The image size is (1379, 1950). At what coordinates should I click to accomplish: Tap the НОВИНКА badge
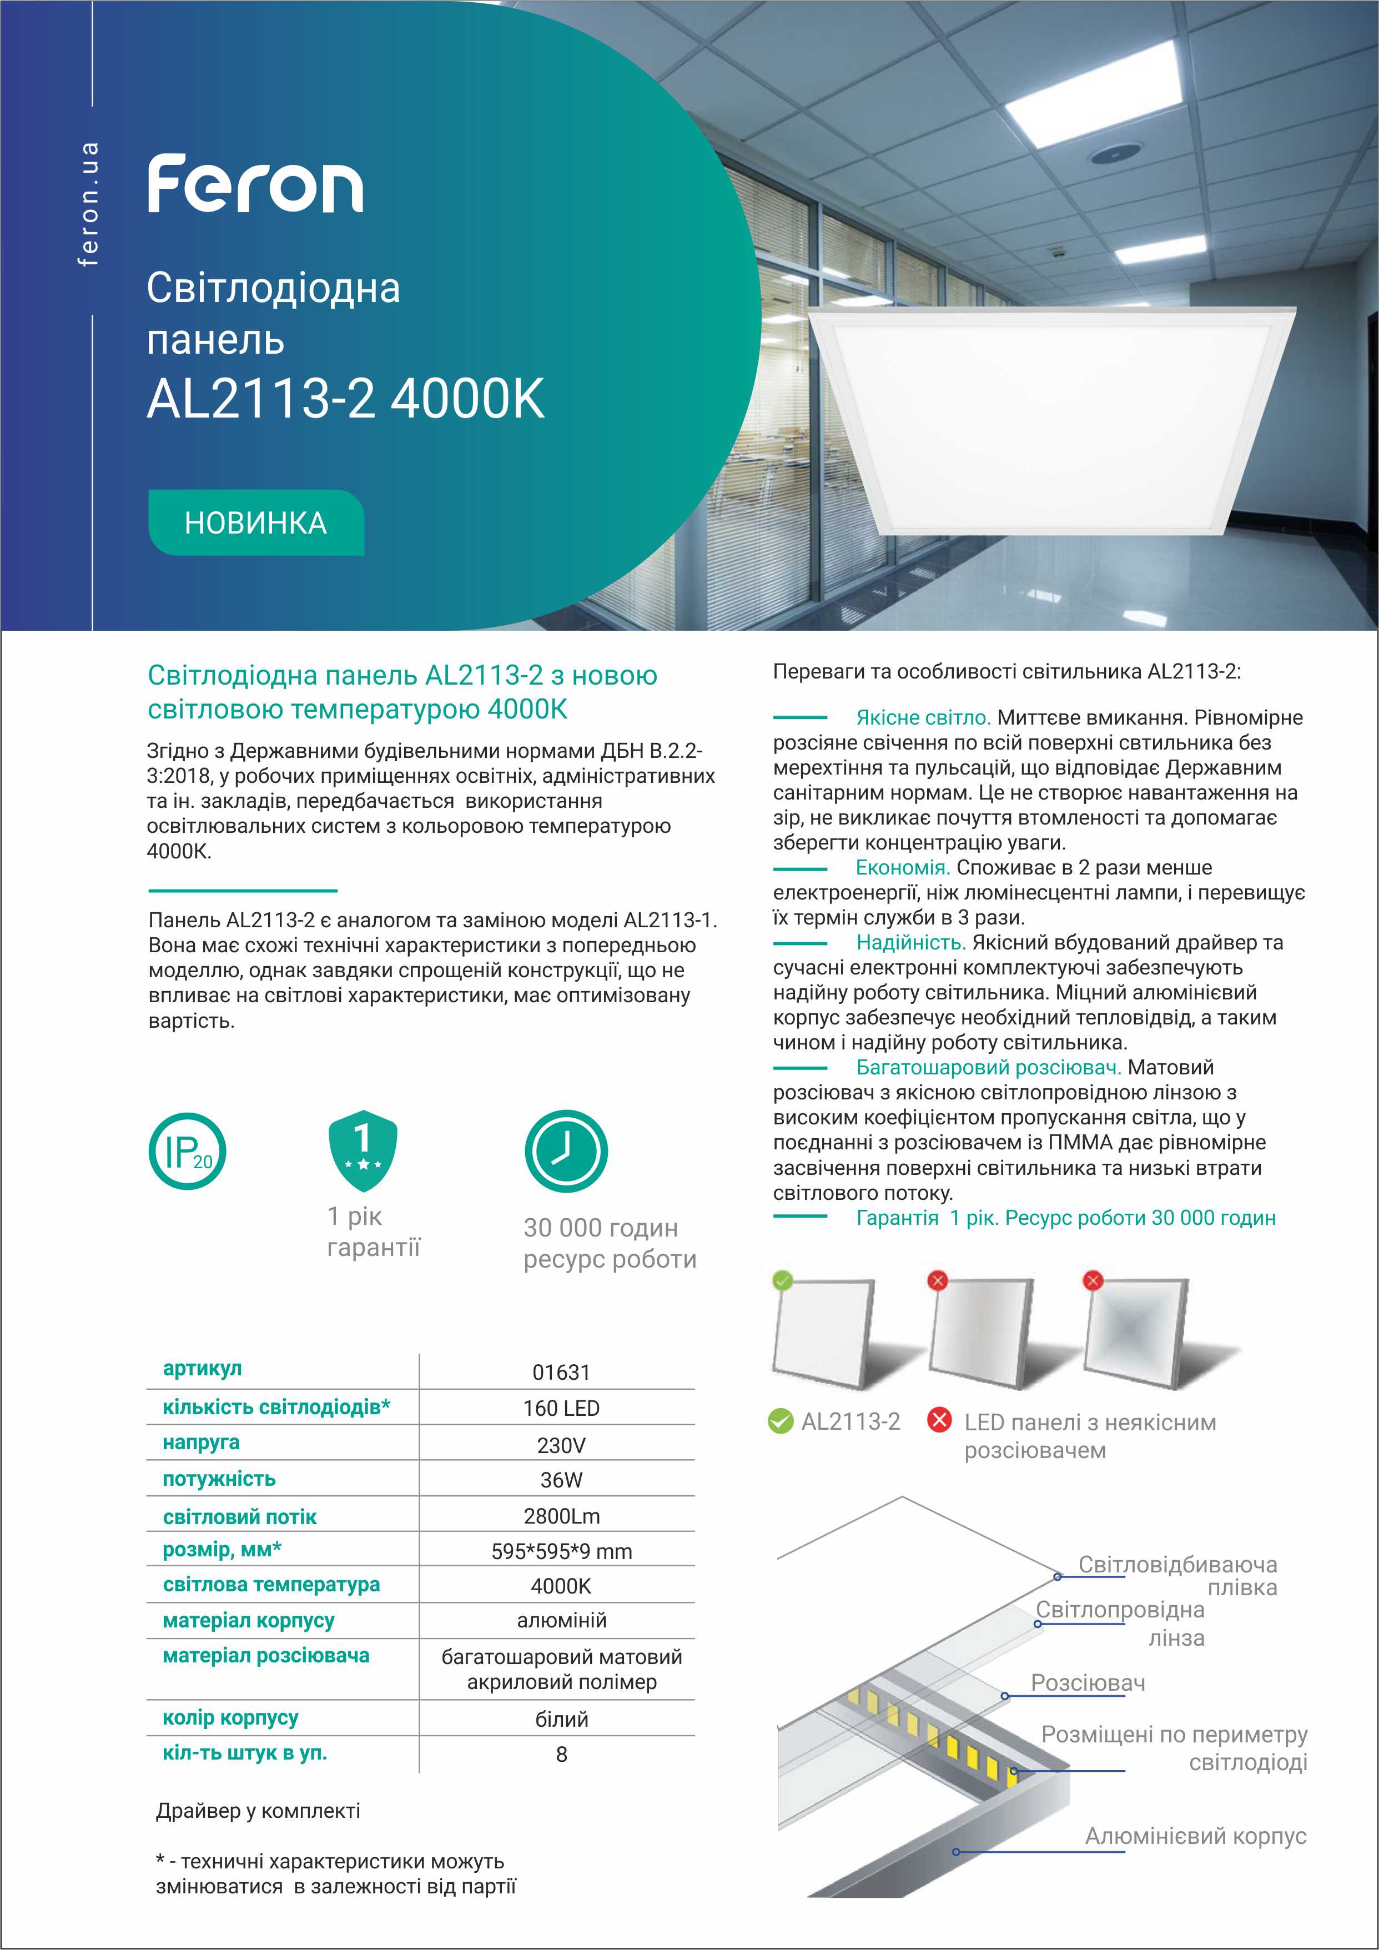tap(255, 522)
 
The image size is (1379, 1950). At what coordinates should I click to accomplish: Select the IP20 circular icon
tap(188, 1151)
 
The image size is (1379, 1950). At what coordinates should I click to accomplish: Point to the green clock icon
tap(566, 1152)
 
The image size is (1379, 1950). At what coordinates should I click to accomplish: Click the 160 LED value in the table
tap(561, 1408)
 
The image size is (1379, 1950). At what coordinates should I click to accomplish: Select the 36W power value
tap(561, 1480)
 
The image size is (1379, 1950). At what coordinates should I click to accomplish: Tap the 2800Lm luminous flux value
tap(561, 1515)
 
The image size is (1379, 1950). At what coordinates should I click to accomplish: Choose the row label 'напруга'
tap(202, 1443)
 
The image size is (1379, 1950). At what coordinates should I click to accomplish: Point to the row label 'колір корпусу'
tap(230, 1718)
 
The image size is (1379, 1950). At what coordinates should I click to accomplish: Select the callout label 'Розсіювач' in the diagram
tap(1087, 1682)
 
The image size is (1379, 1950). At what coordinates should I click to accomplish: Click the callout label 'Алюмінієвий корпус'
tap(1195, 1836)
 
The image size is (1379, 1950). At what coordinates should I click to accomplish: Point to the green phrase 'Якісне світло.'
tap(923, 718)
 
